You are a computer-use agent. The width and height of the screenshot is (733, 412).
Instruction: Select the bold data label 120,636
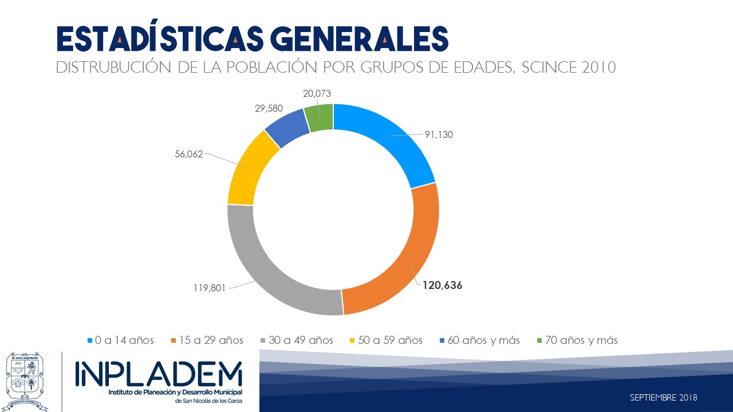click(442, 285)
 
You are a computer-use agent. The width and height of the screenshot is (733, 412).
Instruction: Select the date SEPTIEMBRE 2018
click(663, 397)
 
